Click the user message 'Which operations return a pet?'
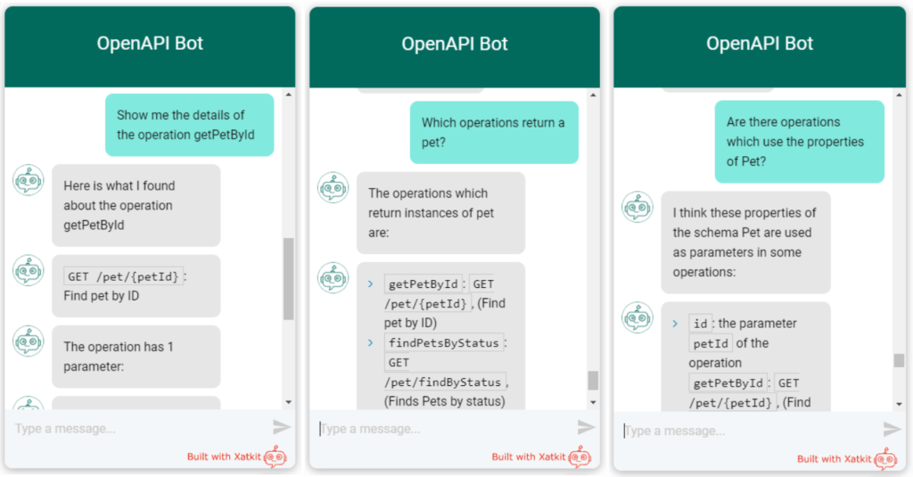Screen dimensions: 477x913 493,132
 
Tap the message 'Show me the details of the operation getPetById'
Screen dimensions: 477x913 194,125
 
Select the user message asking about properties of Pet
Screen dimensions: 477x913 798,141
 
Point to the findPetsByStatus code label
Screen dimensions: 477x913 444,342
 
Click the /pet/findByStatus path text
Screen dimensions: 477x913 445,382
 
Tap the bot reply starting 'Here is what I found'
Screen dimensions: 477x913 136,205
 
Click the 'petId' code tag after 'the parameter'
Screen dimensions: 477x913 711,343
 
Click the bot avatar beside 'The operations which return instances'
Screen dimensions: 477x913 333,188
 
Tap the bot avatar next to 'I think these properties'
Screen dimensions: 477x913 637,207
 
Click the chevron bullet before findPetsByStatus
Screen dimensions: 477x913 370,342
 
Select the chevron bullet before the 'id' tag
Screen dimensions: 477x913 675,324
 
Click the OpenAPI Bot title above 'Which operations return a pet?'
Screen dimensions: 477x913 455,44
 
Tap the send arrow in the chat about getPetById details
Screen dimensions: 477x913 282,427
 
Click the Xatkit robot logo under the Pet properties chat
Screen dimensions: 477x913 885,459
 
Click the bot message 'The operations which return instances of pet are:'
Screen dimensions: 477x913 441,212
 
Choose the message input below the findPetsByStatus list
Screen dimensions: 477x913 441,429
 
